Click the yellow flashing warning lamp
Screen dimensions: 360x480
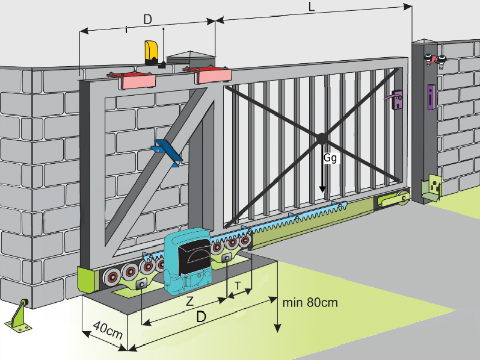coord(152,52)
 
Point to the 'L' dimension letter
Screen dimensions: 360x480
coord(311,8)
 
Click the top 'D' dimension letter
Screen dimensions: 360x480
coord(147,19)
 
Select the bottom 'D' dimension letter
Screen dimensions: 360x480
coord(203,317)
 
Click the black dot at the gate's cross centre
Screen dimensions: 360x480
coord(322,138)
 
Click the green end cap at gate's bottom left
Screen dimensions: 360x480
coord(87,281)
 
